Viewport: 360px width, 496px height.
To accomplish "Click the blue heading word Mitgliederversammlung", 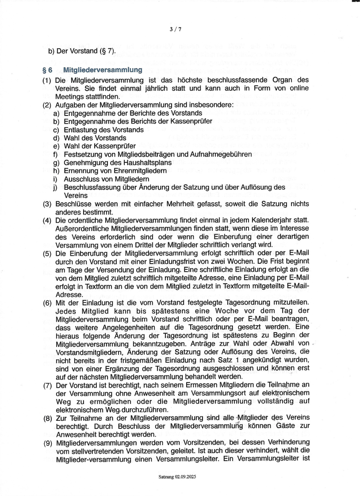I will pyautogui.click(x=103, y=70).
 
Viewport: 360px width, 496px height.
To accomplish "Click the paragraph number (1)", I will pyautogui.click(x=47, y=80).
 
